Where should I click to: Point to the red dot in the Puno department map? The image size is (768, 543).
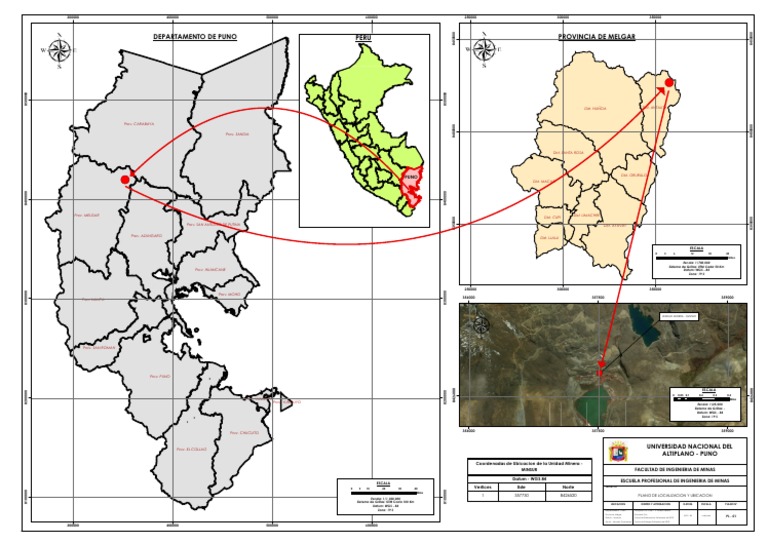(124, 180)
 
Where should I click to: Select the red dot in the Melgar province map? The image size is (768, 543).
(670, 83)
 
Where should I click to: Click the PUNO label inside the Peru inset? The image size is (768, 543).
(410, 182)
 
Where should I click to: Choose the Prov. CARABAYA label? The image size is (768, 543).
(140, 125)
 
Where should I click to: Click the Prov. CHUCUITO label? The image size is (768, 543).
(244, 432)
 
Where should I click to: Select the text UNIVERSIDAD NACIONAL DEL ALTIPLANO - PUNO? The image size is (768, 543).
(689, 451)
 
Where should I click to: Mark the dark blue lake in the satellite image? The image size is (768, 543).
(646, 322)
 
